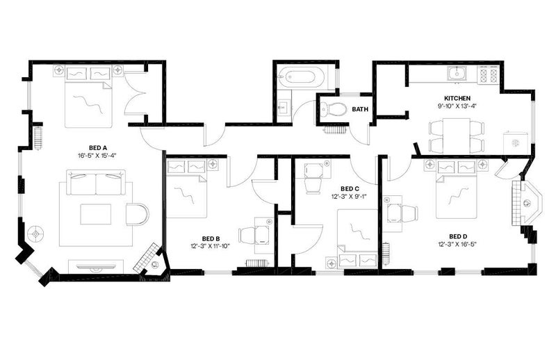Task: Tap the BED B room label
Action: pos(211,238)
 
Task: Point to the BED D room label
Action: pos(458,236)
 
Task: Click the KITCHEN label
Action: pos(457,98)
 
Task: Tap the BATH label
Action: pos(360,109)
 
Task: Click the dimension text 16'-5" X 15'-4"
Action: pos(97,156)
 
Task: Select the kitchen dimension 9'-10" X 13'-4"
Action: pos(457,106)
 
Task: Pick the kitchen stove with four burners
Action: pos(489,74)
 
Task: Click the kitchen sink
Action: pos(458,74)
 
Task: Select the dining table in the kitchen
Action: pos(456,136)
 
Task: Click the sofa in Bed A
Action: pos(96,182)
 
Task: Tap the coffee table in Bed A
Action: pos(96,214)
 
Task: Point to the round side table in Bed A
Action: pos(36,234)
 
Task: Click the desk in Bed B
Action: pos(263,235)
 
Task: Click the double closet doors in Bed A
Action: pos(135,93)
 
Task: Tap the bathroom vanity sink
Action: pos(284,106)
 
